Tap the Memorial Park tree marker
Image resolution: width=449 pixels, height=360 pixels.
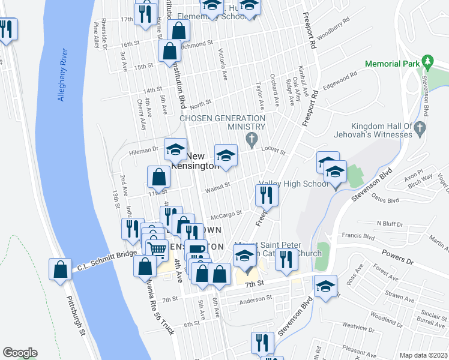(427, 61)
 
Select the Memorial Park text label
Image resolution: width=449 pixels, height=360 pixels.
(390, 64)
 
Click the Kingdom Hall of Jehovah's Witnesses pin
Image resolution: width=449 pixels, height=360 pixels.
(420, 127)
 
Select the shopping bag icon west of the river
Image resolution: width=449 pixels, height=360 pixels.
(61, 271)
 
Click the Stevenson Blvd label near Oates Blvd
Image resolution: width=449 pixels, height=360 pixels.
(367, 178)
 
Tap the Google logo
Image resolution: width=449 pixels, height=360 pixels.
(20, 353)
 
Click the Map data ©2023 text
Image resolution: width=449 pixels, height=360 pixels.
(423, 355)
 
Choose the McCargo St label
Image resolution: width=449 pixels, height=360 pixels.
(226, 214)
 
